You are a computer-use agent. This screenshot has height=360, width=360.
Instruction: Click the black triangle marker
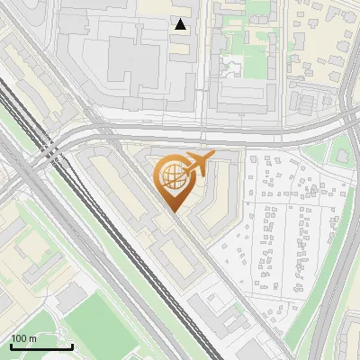[x=181, y=24]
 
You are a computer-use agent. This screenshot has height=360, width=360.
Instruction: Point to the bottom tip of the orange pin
[x=173, y=212]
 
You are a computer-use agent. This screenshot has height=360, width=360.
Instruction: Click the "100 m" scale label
[x=23, y=338]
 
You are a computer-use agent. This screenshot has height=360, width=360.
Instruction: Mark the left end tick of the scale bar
[x=11, y=346]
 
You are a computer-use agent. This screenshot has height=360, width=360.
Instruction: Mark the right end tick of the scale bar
[x=73, y=346]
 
